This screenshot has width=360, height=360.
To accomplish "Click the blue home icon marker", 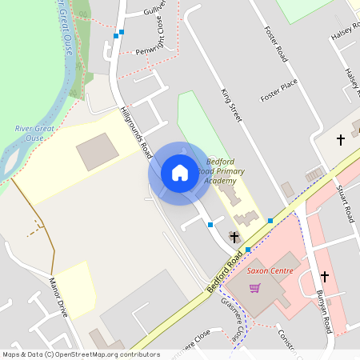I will (x=180, y=173).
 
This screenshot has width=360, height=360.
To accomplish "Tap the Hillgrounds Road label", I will (x=135, y=130).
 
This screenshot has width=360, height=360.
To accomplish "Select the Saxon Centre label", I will (x=270, y=270).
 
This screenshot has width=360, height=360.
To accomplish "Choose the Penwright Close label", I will (x=143, y=50).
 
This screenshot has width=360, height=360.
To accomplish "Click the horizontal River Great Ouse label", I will (x=34, y=133).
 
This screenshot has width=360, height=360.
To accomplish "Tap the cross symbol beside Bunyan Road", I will (x=325, y=277).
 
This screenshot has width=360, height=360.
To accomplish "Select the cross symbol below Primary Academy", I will (x=234, y=237).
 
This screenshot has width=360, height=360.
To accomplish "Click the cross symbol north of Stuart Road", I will (x=340, y=140).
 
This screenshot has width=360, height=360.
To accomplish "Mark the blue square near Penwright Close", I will (x=117, y=35).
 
